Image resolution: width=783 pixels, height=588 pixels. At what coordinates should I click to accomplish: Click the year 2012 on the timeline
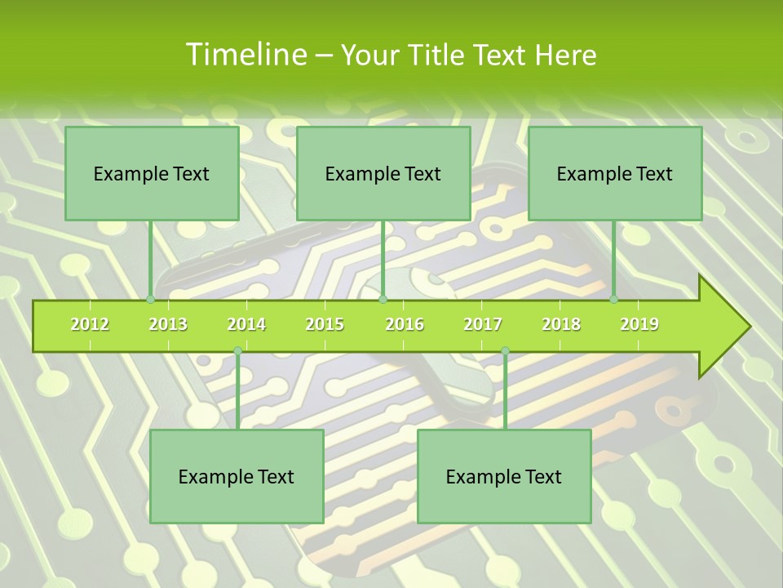point(90,324)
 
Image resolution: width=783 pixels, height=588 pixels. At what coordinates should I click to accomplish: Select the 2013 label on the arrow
point(168,324)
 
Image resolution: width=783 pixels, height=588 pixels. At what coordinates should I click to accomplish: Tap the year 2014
point(246,324)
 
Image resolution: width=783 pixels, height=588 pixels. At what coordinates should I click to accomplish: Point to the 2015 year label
point(325,324)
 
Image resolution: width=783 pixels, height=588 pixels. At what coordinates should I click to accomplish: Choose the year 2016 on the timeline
point(405,324)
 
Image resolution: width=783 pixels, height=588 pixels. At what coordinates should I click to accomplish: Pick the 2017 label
point(483,324)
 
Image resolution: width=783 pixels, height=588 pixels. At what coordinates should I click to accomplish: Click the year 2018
point(561,324)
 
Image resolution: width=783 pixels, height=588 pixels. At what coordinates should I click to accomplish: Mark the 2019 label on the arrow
point(639,324)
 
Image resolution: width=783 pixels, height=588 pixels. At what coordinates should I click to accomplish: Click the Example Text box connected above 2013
point(152,173)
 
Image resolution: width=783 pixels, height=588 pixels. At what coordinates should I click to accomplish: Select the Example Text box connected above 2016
point(383,173)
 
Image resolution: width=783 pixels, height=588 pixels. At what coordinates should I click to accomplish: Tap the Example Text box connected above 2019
point(615,173)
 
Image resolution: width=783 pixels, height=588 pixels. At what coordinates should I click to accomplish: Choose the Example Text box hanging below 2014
point(237,476)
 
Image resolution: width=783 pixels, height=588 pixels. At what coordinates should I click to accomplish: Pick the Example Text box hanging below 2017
point(504,476)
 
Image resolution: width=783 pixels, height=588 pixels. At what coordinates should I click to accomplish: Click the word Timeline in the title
point(245,55)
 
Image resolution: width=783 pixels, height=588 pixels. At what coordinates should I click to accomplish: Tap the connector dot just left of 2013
point(150,299)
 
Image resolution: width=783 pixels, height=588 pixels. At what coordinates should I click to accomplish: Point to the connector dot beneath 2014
point(237,351)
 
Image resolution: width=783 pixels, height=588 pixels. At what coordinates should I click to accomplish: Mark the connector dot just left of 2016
point(383,299)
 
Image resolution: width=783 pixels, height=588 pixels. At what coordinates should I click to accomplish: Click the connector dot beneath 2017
point(505,351)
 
